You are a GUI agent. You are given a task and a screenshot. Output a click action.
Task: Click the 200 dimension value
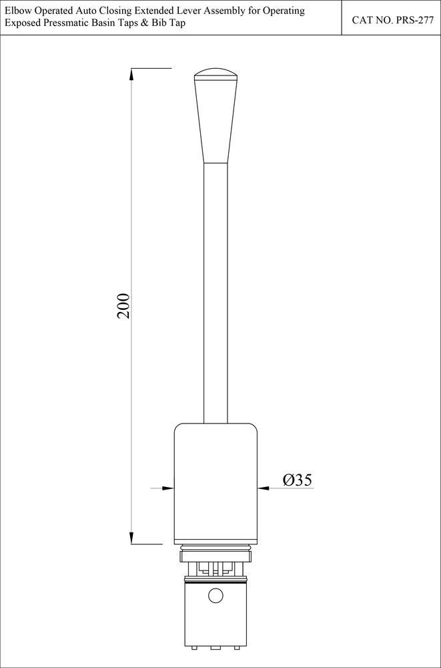point(123,305)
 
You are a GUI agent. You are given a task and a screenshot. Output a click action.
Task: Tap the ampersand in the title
point(145,23)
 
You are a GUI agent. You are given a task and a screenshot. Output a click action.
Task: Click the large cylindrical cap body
point(215,481)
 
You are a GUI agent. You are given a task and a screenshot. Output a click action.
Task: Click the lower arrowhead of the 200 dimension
point(131,538)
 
